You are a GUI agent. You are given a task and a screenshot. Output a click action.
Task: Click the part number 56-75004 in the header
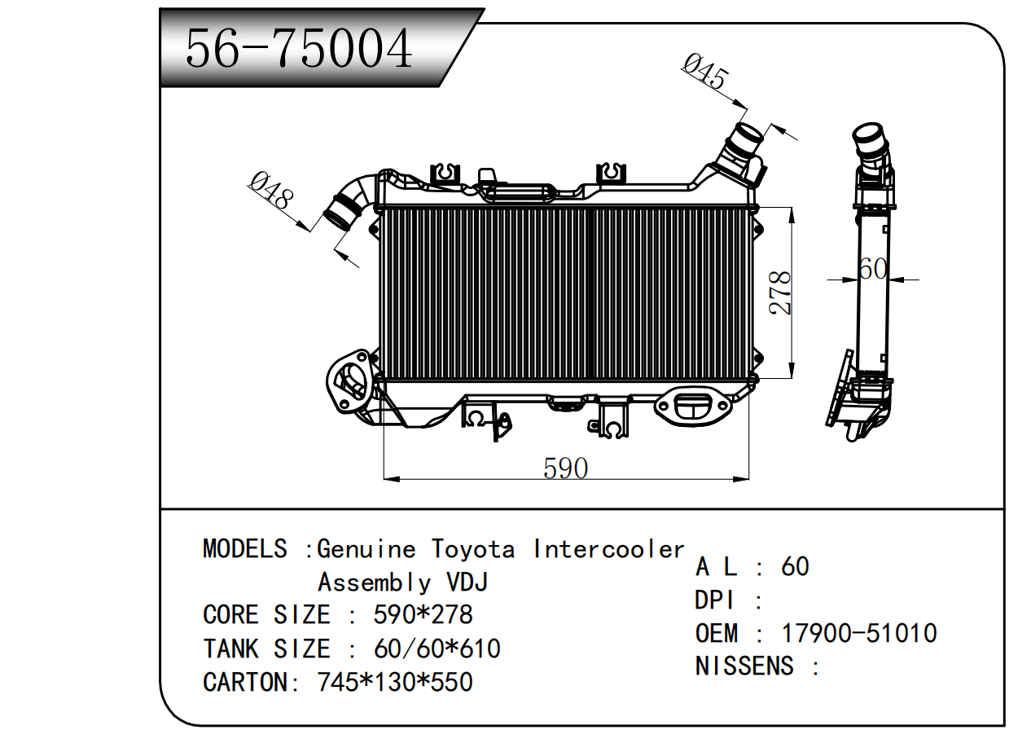point(299,49)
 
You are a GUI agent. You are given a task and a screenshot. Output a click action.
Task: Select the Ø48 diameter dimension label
point(270,191)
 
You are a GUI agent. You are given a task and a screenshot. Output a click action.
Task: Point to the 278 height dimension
point(779,293)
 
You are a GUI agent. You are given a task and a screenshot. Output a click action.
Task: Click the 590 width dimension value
point(565,468)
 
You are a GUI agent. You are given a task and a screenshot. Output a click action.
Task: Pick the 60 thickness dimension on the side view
point(872,268)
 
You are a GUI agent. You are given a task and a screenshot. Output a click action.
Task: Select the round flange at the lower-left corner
point(349,381)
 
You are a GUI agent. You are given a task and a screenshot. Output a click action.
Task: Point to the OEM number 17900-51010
point(859,633)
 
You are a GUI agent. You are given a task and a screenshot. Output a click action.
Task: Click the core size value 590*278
point(423,614)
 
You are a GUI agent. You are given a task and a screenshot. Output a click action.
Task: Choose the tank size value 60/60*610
point(437,649)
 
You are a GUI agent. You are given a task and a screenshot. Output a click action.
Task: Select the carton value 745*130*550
point(394,681)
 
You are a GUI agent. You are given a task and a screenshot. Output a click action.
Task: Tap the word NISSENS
point(744,666)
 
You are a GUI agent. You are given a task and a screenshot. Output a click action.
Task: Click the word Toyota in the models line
point(472,549)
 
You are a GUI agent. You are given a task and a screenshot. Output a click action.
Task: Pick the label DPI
point(714,600)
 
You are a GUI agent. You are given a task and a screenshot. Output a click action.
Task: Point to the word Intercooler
point(608,549)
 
